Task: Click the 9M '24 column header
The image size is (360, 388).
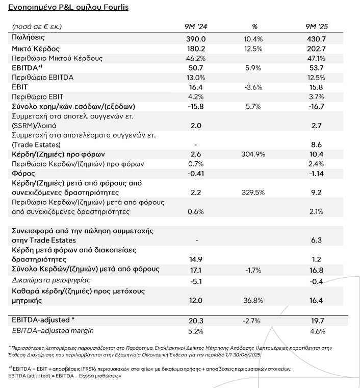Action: click(x=196, y=27)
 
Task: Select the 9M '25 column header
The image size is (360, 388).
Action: click(x=317, y=27)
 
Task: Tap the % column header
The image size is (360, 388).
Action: click(x=254, y=27)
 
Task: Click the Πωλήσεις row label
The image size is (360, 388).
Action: click(x=28, y=38)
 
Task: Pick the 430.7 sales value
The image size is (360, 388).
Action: click(x=317, y=39)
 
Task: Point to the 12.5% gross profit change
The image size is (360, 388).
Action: click(x=253, y=48)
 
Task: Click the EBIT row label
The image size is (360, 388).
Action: click(x=19, y=87)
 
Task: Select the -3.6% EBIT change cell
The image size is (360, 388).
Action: click(x=253, y=87)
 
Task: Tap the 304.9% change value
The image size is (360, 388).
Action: click(x=253, y=154)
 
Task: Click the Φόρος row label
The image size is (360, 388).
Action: click(x=23, y=174)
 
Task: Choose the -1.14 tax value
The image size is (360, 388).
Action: click(x=317, y=174)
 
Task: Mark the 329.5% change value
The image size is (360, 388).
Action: click(x=253, y=192)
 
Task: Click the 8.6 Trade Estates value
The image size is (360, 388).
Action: click(x=317, y=145)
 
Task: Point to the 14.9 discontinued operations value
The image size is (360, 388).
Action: click(x=196, y=259)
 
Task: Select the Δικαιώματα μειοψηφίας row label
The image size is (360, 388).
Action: click(x=51, y=280)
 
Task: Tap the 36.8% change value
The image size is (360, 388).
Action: click(x=253, y=300)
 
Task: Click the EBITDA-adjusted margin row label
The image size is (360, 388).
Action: click(x=53, y=331)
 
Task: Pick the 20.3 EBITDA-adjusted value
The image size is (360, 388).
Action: click(x=196, y=321)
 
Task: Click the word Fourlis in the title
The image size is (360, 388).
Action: click(x=116, y=7)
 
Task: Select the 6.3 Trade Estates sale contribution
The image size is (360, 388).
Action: click(x=317, y=240)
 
